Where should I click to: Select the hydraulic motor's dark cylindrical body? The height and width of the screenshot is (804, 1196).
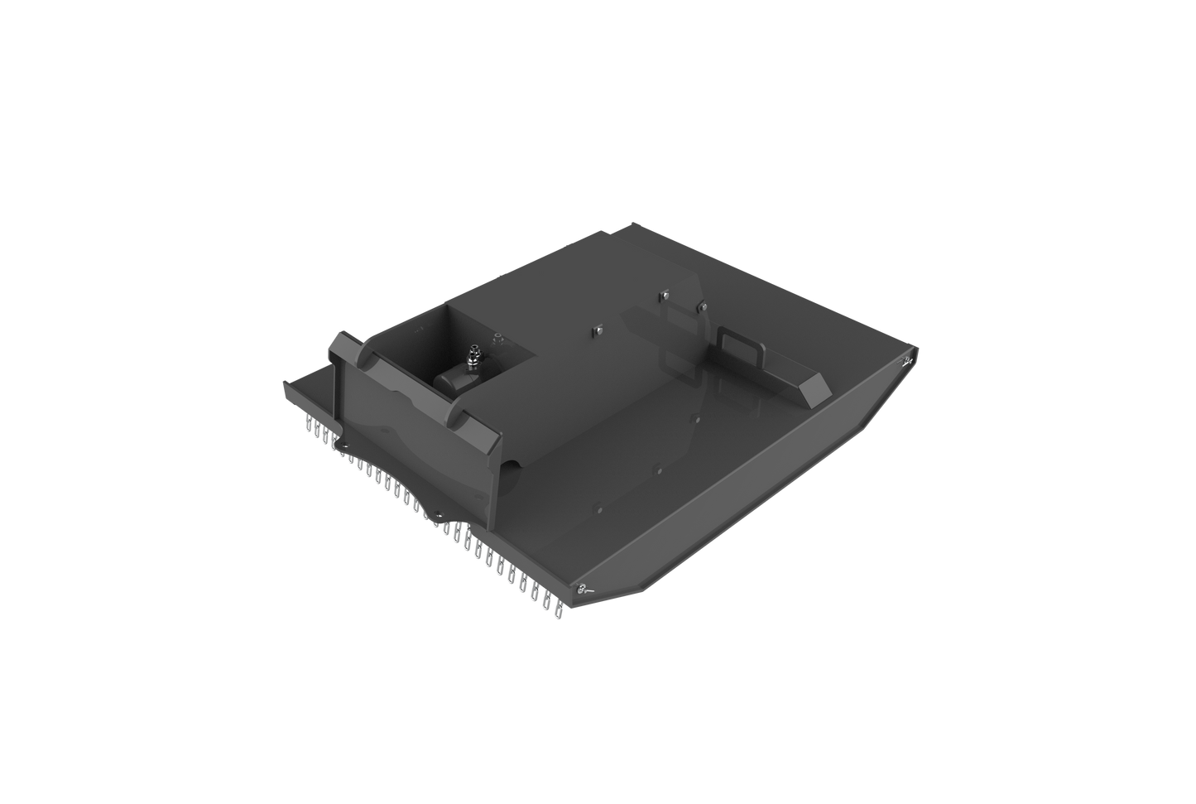(455, 380)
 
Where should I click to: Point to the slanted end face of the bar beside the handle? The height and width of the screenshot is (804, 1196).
(816, 386)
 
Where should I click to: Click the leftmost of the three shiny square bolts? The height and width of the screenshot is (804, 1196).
(595, 331)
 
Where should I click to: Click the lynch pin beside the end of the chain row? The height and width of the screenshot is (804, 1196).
(584, 589)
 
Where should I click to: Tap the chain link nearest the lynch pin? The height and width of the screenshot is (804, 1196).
(556, 609)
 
